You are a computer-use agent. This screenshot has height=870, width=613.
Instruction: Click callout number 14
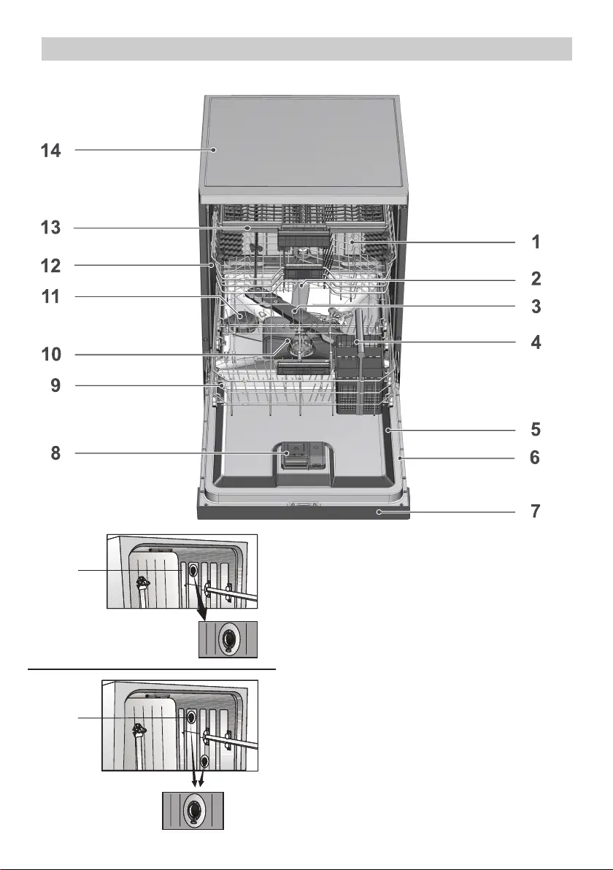[x=50, y=150]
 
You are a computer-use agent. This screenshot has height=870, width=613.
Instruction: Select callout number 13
[x=50, y=228]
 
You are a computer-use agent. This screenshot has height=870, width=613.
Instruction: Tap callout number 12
[x=50, y=266]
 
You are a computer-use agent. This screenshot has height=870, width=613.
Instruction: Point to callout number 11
[x=50, y=296]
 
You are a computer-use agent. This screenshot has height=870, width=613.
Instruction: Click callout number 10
[x=51, y=355]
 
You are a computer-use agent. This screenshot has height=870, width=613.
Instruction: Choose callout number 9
[x=55, y=385]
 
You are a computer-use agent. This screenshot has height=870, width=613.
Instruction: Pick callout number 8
[x=55, y=453]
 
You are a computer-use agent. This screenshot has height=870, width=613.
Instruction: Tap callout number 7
[x=536, y=511]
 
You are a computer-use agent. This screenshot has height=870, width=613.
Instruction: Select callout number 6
[x=535, y=458]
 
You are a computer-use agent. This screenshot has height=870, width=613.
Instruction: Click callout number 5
[x=536, y=429]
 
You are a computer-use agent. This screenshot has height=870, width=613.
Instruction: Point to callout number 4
[x=536, y=342]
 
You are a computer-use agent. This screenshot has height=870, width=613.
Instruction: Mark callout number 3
[x=536, y=307]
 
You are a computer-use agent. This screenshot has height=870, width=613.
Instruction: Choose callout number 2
[x=536, y=279]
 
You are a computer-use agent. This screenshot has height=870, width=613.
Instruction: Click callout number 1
[x=536, y=242]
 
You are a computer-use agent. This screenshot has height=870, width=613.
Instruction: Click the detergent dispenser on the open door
[x=303, y=457]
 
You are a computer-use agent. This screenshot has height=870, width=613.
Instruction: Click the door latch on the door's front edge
[x=303, y=505]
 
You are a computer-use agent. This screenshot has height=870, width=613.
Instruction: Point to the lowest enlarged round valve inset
[x=193, y=811]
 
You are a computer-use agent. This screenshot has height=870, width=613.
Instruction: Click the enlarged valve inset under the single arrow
[x=228, y=640]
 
